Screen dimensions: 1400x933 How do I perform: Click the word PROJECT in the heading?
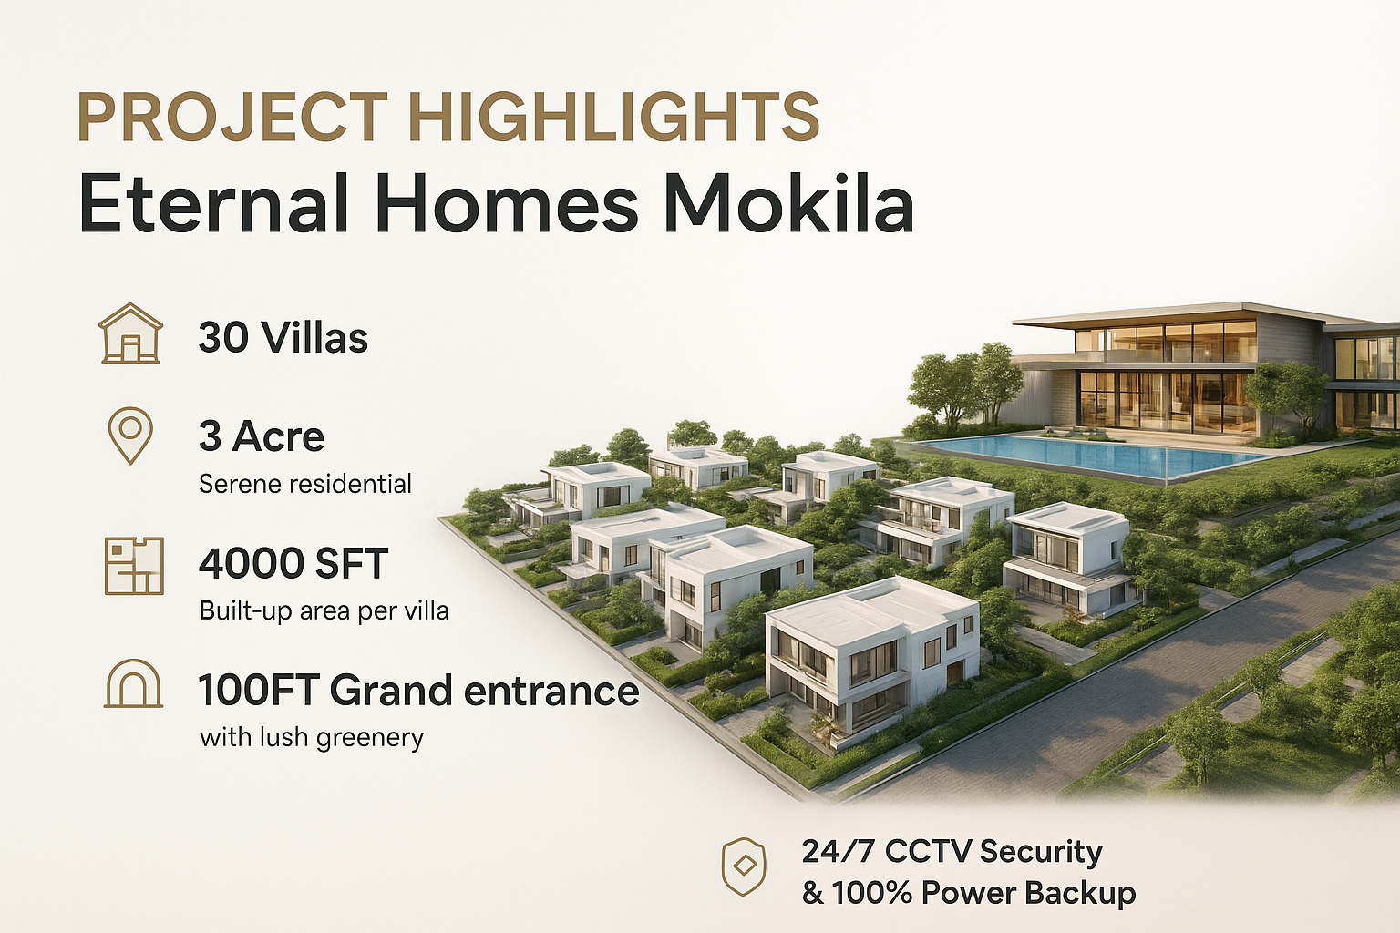point(232,117)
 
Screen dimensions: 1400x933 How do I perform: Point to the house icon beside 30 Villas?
point(130,333)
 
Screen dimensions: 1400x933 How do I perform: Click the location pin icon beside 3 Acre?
point(130,436)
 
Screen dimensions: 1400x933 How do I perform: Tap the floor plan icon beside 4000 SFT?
point(134,566)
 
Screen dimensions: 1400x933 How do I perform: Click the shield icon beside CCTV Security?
point(744,866)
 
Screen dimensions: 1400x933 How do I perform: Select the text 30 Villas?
point(283,338)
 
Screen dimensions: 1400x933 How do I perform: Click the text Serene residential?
point(305,484)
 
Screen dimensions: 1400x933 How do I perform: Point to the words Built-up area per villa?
point(324,610)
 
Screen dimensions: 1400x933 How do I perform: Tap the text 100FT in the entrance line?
point(260,692)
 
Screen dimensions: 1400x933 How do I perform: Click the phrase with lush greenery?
point(311,737)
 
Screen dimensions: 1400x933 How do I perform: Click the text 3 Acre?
point(262,436)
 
